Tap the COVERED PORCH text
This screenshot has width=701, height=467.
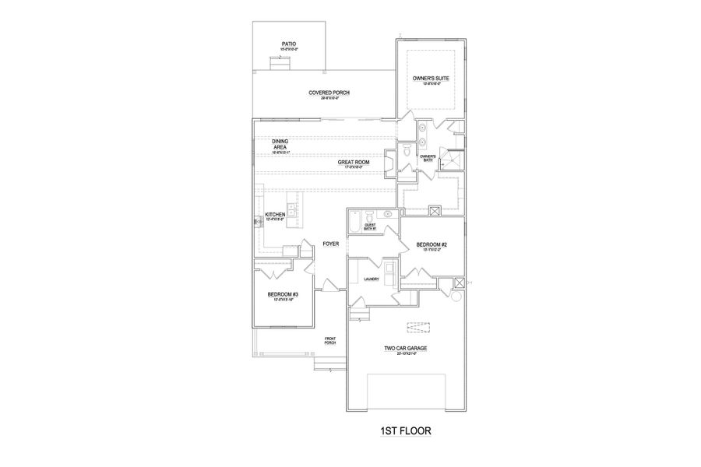point(329,93)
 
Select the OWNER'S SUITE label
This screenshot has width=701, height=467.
point(431,79)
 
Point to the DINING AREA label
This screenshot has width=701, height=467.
point(280,145)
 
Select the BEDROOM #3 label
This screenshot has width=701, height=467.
point(281,294)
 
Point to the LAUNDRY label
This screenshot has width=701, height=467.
point(371,278)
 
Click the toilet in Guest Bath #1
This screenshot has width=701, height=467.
point(387,214)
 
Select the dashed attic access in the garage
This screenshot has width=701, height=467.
point(417,326)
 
